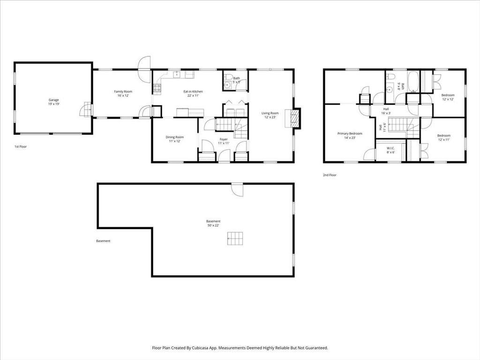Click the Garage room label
click(53, 100)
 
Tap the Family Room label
click(123, 91)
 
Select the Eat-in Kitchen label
click(193, 91)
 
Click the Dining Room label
click(174, 137)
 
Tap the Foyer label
click(224, 139)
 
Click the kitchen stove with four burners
click(157, 88)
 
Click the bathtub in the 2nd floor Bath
click(413, 82)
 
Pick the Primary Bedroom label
click(350, 134)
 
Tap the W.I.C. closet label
click(390, 148)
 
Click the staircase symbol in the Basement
click(235, 239)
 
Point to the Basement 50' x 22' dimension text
click(213, 225)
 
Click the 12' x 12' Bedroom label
click(448, 97)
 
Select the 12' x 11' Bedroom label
click(443, 137)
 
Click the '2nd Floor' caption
click(330, 175)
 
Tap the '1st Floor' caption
click(21, 147)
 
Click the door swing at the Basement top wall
click(237, 190)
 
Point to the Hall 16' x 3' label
click(386, 111)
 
